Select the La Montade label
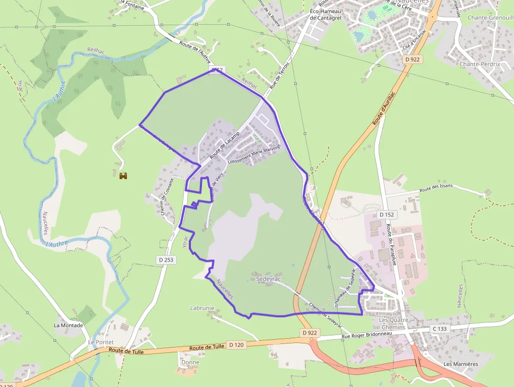coord(68,325)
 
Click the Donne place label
coord(190,362)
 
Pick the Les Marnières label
coord(461,364)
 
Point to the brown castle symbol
coord(123,176)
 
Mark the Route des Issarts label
coord(436,188)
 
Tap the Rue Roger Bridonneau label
coord(367,334)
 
